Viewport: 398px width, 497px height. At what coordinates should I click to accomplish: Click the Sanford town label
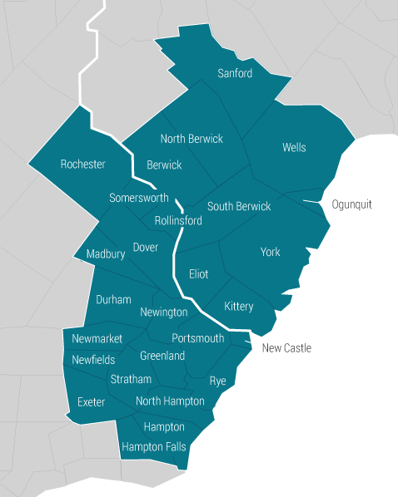coord(235,73)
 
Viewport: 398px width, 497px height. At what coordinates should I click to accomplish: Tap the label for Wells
coord(294,148)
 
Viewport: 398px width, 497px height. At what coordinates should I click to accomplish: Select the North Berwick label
coord(192,139)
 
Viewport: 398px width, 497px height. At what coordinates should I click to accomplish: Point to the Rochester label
coord(83,165)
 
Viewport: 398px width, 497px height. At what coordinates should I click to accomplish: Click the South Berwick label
coord(239,206)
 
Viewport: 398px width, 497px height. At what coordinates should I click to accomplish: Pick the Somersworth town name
coord(139,198)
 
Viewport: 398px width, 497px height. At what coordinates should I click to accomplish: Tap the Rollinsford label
coord(178,220)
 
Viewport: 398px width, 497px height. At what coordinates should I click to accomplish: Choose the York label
coord(270,252)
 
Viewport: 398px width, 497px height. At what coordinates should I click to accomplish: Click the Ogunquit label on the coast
coord(353,204)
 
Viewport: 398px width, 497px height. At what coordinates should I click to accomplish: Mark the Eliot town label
coord(199,274)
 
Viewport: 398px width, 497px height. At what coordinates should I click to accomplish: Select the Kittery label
coord(239,307)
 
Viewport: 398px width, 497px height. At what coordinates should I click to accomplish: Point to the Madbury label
coord(106,254)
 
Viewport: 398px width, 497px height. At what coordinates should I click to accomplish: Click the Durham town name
coord(113,299)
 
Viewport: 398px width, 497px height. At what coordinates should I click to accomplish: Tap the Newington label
coord(164,312)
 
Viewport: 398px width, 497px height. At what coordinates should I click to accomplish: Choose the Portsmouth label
coord(198,338)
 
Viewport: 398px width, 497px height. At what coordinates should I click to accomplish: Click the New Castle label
coord(286,348)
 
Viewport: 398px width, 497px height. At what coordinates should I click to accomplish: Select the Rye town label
coord(217,381)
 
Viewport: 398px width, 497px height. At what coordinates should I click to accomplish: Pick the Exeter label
coord(92,402)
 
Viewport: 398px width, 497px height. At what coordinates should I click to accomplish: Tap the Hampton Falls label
coord(154,446)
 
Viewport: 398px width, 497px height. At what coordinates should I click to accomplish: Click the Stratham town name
coord(132,379)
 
